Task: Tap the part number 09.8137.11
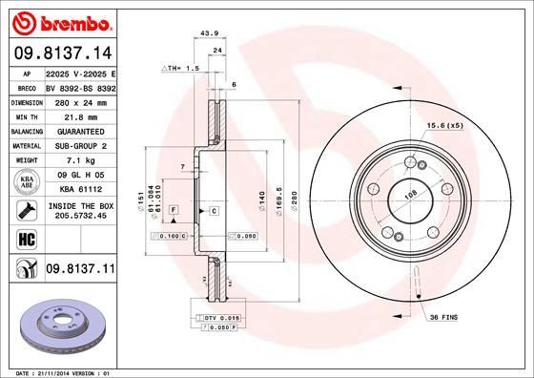pyautogui.click(x=79, y=270)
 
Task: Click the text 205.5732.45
pyautogui.click(x=79, y=217)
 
